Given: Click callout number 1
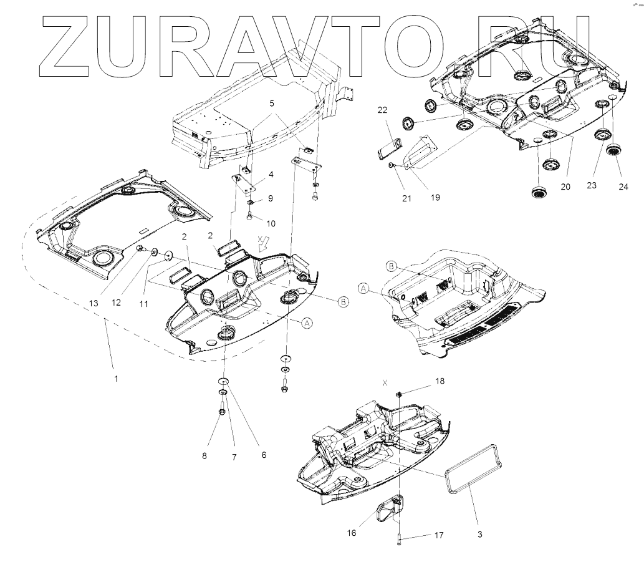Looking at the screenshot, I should pos(116,379).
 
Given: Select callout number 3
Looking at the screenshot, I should pos(479,534).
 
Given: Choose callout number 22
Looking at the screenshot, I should pos(382,110).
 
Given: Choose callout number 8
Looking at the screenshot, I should pos(204,456).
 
